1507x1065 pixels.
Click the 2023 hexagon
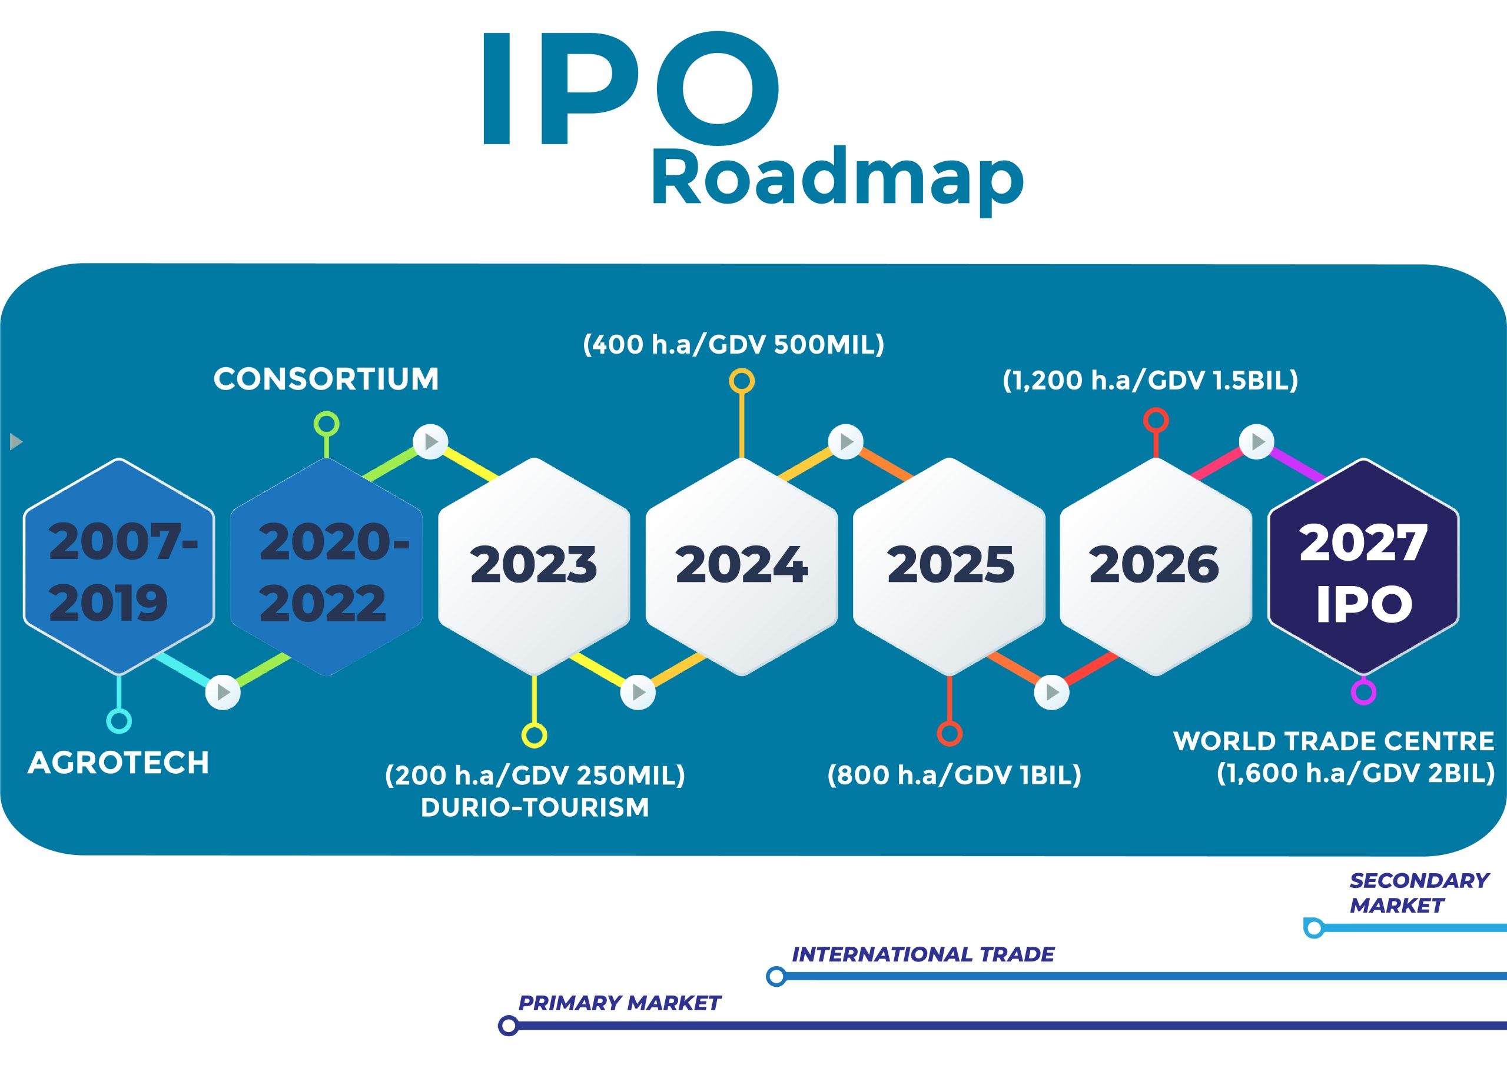[535, 566]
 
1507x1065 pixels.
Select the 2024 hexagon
[742, 566]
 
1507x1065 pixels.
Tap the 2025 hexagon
[949, 566]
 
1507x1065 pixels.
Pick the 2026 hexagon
[1156, 566]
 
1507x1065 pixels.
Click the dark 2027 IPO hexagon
[1363, 566]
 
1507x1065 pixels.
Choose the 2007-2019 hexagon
[119, 566]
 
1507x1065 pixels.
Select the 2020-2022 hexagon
[326, 566]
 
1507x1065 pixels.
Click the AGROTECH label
[119, 763]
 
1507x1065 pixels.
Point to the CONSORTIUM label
[326, 380]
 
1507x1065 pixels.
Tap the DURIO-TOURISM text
[535, 808]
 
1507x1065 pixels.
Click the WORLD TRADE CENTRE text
[1334, 741]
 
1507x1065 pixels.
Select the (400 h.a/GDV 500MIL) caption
[734, 344]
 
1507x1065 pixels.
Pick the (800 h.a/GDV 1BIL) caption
[954, 776]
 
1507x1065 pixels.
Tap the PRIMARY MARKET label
[620, 1003]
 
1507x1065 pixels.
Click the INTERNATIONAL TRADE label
[923, 954]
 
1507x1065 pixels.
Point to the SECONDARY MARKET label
[1418, 893]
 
